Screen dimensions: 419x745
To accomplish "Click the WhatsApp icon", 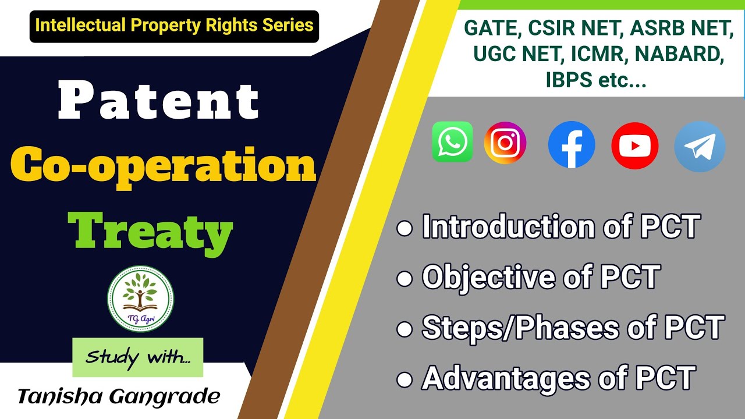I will pyautogui.click(x=452, y=142).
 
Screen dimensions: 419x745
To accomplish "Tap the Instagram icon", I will pyautogui.click(x=505, y=143).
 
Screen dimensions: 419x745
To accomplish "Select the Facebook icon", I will pyautogui.click(x=572, y=145).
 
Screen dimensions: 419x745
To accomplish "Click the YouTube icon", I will pyautogui.click(x=635, y=146).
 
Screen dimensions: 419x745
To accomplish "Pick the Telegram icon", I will pyautogui.click(x=700, y=147).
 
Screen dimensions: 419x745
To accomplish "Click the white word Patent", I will pyautogui.click(x=158, y=102).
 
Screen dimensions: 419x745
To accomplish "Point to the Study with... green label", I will pyautogui.click(x=138, y=357).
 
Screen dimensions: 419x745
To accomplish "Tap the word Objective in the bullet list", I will pyautogui.click(x=489, y=277).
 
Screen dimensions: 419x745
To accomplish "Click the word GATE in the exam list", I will pyautogui.click(x=488, y=27).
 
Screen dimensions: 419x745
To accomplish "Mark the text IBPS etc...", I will pyautogui.click(x=596, y=80).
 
